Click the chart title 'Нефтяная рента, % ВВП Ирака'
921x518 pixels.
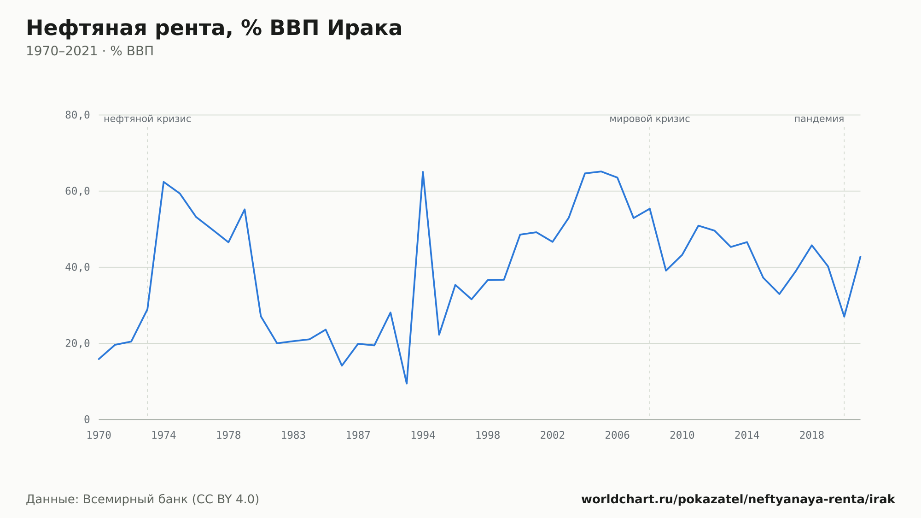pos(214,28)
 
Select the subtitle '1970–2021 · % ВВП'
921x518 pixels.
pos(90,51)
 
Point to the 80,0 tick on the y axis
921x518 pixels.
pos(77,115)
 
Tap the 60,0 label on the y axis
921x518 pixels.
pos(77,191)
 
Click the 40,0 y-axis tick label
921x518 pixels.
pos(77,267)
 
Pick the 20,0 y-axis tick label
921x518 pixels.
pos(77,343)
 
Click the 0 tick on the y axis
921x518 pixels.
pos(87,419)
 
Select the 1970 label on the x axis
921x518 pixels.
pos(99,436)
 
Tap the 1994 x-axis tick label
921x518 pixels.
pos(423,436)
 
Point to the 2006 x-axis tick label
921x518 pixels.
pos(617,436)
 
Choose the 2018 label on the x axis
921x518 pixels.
pos(811,436)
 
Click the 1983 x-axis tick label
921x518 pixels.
pos(293,436)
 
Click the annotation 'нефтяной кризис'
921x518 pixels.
pos(147,119)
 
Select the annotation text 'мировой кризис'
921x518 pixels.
pos(650,119)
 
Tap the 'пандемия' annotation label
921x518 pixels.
pos(819,119)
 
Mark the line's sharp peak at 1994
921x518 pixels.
pos(423,172)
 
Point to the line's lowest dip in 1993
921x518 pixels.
pos(407,383)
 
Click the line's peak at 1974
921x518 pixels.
pos(163,182)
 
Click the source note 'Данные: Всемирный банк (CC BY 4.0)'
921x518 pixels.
pos(143,499)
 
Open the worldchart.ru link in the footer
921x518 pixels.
pos(738,499)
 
